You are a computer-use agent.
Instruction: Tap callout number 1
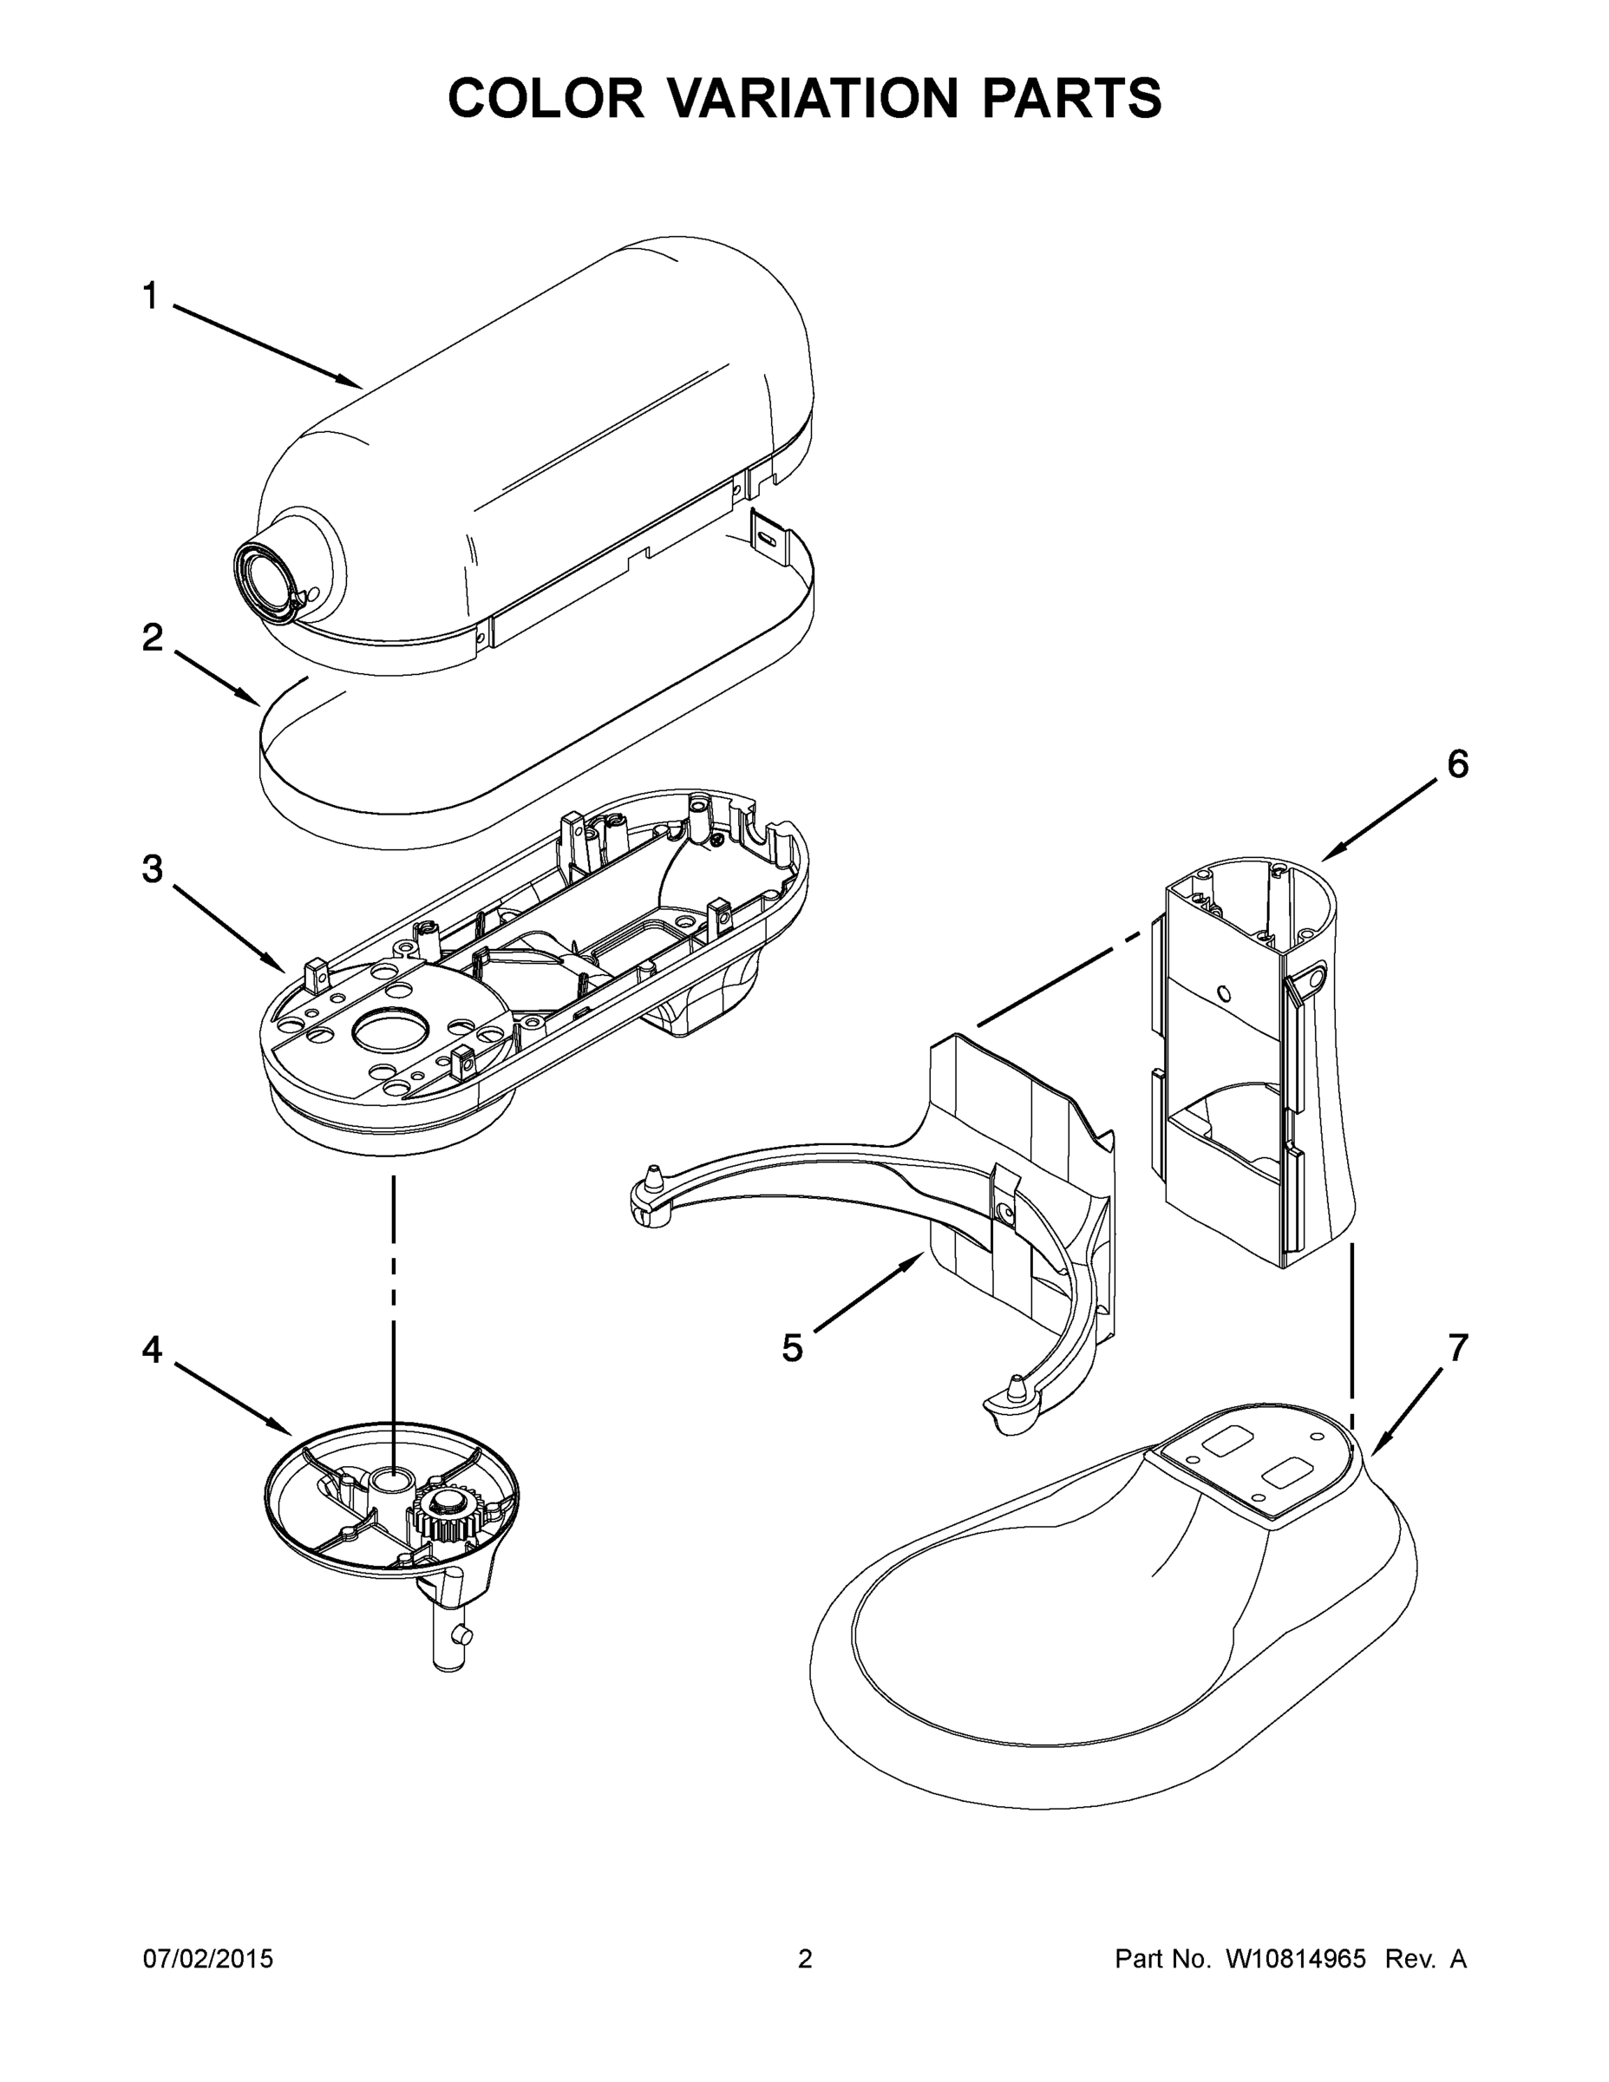151,297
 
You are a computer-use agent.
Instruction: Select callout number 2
153,638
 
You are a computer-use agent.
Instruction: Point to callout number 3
153,869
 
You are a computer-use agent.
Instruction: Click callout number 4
153,1350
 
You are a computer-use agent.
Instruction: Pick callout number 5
792,1348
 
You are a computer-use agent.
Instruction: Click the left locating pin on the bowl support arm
653,1180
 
